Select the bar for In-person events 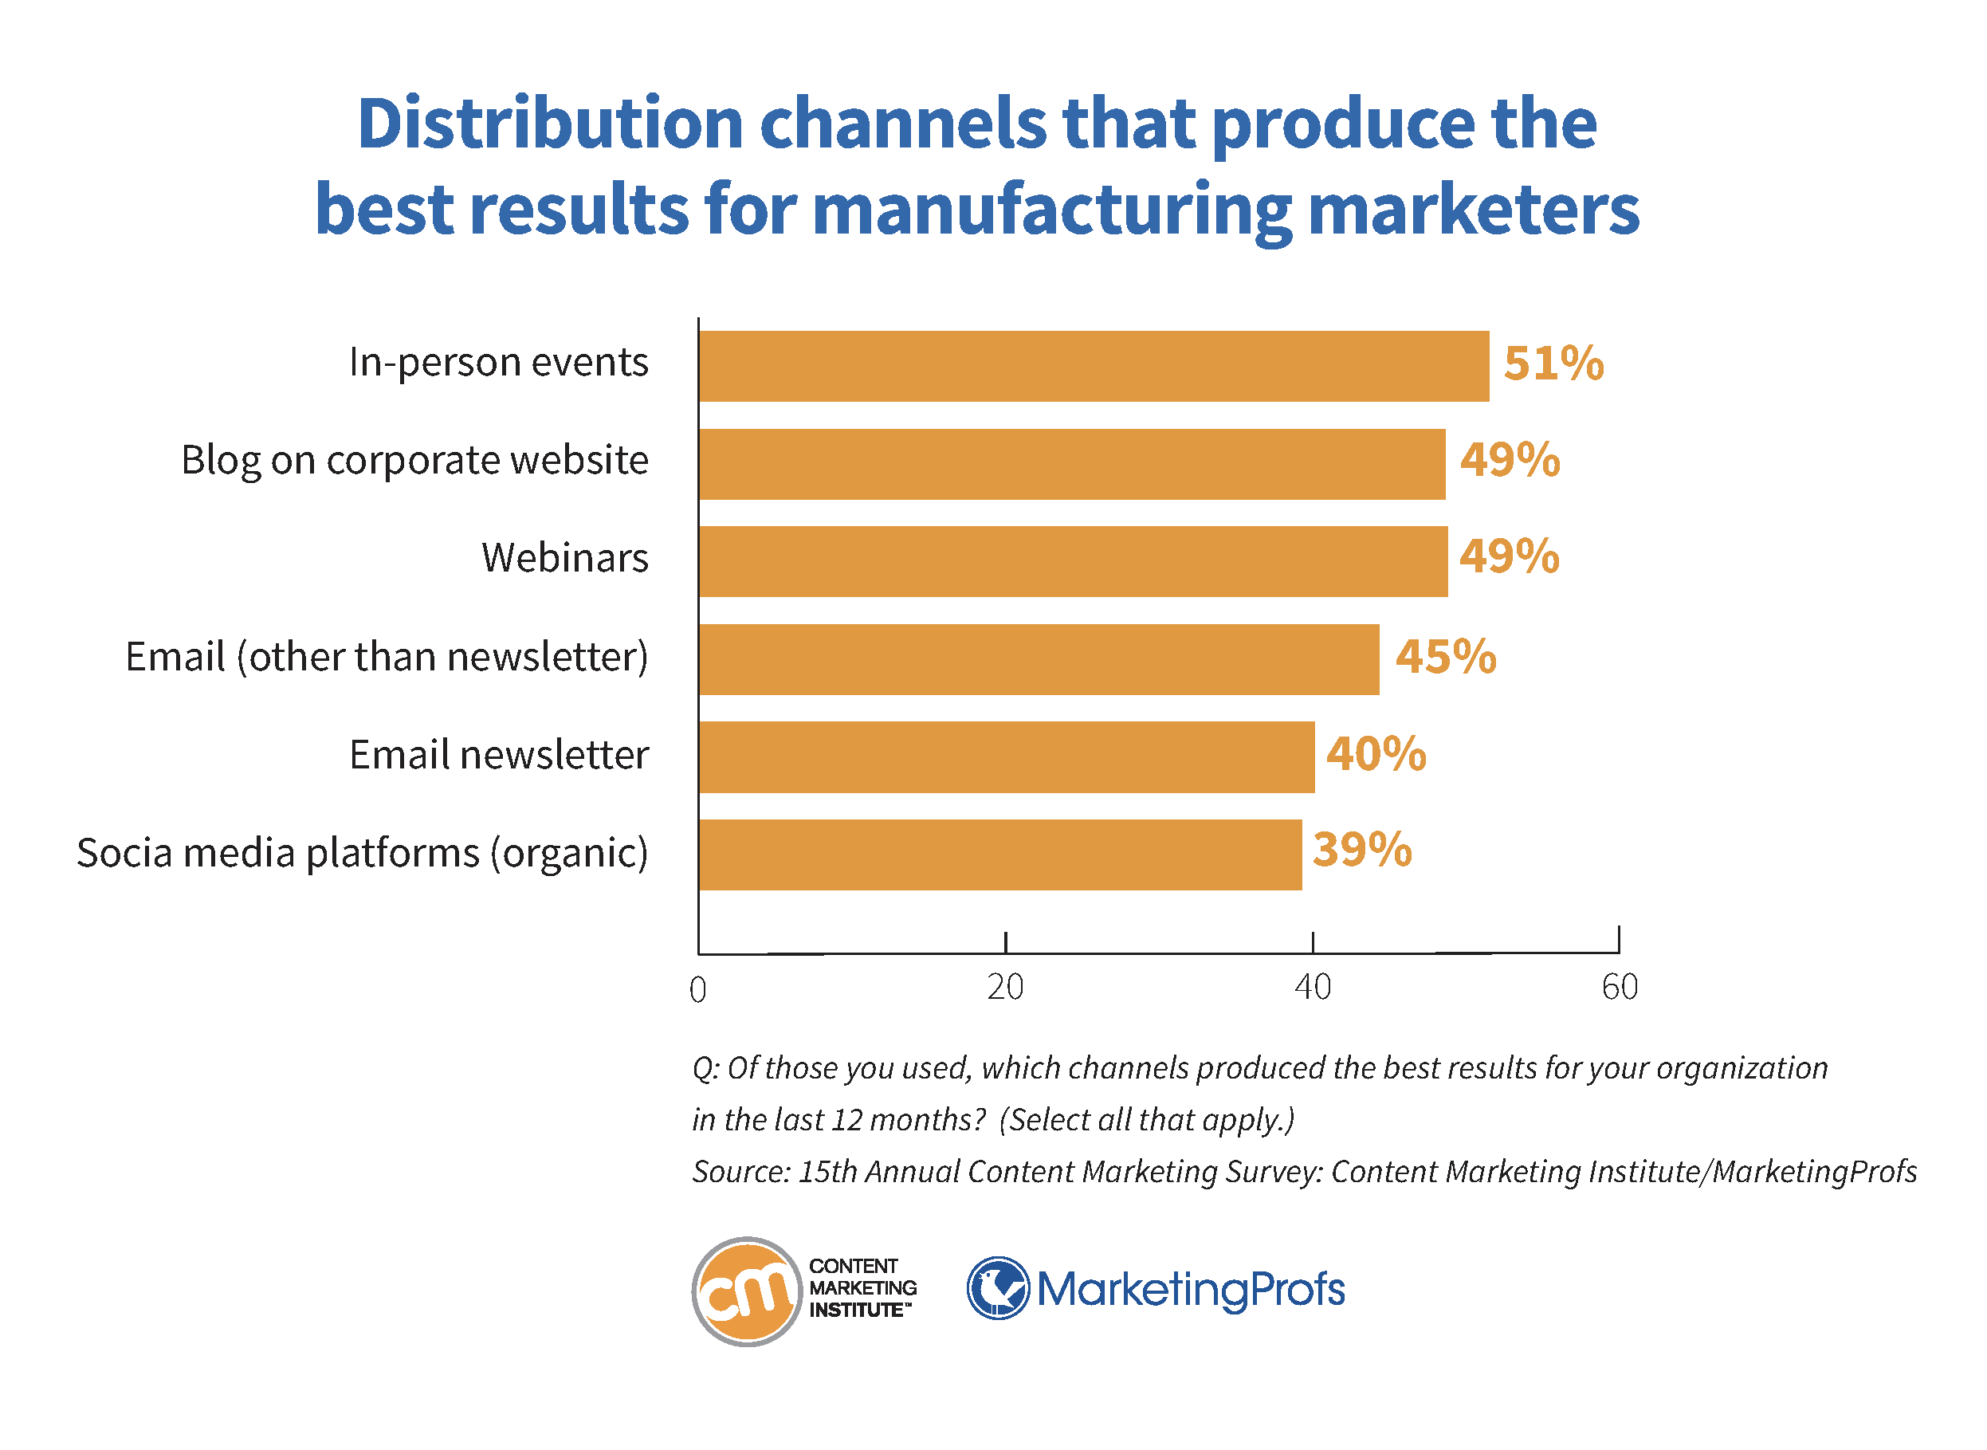1093,366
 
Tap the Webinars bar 1073,562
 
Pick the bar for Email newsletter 1006,757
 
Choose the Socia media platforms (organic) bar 999,855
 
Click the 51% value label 1553,363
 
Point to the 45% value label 1446,657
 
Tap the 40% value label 1375,754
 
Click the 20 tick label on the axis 1005,988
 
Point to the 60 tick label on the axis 1620,988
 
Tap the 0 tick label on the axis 697,990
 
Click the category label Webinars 564,558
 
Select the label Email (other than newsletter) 387,657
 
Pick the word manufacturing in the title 1051,210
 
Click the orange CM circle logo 747,1291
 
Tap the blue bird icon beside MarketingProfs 998,1288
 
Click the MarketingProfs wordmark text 1190,1290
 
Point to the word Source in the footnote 740,1172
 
